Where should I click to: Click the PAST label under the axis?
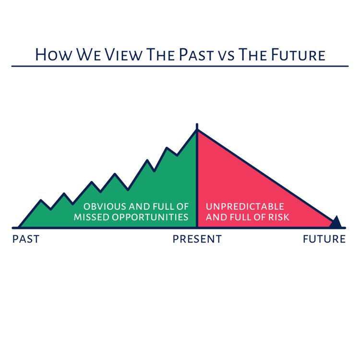tap(25, 239)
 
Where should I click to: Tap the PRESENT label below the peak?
tap(197, 239)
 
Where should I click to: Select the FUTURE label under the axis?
tap(324, 239)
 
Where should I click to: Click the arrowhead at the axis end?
tap(336, 222)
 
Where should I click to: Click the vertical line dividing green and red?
tap(197, 182)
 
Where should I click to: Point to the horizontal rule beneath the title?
tap(180, 66)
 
